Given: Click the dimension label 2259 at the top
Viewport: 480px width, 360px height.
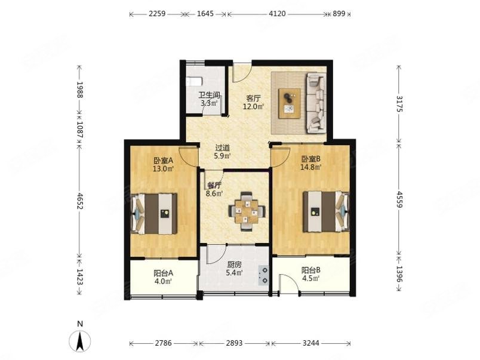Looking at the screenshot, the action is [157, 14].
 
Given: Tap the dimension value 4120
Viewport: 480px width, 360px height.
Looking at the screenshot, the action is [277, 14].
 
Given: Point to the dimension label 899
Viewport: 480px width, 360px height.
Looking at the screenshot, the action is [339, 14].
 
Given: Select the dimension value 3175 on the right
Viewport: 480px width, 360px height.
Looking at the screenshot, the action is [399, 104].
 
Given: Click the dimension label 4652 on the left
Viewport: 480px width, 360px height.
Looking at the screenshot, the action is [79, 201].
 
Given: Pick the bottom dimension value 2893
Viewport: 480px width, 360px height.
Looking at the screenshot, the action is [234, 343].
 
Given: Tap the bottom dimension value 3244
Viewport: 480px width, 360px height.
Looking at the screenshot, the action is [310, 343].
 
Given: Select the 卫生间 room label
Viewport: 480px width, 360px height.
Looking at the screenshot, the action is [209, 95].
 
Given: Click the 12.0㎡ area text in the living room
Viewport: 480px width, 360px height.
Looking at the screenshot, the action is [254, 106].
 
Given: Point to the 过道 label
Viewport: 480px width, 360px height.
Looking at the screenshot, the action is [222, 148].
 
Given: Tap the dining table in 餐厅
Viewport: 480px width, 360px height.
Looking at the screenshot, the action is [247, 211].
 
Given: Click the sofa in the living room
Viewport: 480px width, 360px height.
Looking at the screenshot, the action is [316, 103].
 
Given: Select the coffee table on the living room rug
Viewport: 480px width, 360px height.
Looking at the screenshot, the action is [290, 103].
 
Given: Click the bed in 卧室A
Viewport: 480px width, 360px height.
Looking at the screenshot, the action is [154, 214].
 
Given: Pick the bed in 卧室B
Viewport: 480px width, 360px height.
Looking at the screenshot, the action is [326, 211].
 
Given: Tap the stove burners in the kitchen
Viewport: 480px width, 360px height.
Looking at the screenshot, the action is [263, 275].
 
